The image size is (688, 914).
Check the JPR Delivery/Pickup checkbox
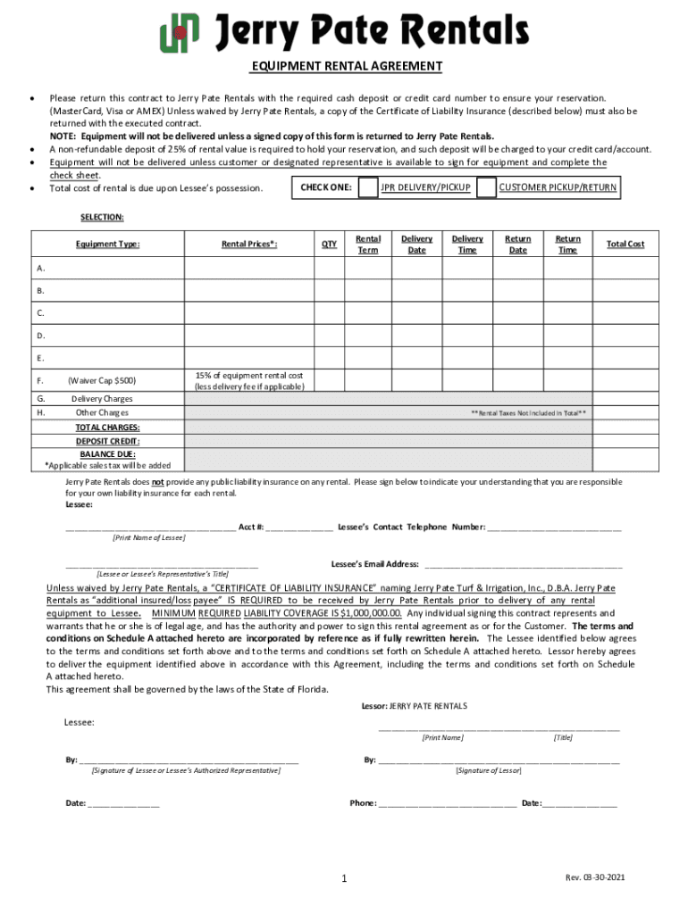click(x=367, y=187)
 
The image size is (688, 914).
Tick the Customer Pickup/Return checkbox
click(x=486, y=187)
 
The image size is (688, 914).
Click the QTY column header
click(x=329, y=244)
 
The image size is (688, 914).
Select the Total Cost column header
click(x=625, y=244)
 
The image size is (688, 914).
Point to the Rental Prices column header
click(x=249, y=244)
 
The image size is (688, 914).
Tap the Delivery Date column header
click(x=416, y=244)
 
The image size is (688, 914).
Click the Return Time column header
click(x=567, y=244)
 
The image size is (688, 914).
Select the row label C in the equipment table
click(x=40, y=313)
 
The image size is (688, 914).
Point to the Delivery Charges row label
click(x=102, y=399)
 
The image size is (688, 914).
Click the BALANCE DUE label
click(x=107, y=453)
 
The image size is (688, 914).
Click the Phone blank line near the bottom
click(x=447, y=802)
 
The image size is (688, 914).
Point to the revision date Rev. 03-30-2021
click(x=594, y=877)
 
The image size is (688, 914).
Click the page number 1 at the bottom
click(x=343, y=879)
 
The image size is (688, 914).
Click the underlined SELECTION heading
click(x=102, y=217)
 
